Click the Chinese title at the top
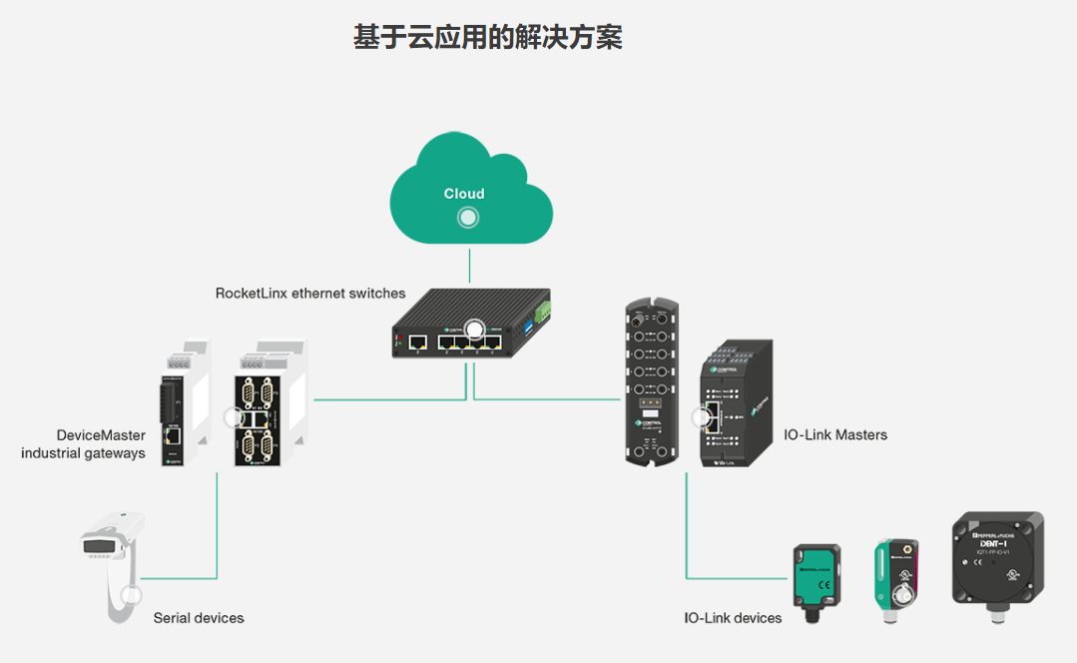click(488, 38)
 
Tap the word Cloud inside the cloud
click(464, 194)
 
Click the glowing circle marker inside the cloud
click(466, 218)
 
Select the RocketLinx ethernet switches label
click(310, 294)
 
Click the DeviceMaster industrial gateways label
click(84, 444)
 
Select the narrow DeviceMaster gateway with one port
click(181, 409)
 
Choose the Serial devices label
click(199, 618)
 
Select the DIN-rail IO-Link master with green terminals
click(736, 404)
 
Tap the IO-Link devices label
click(733, 618)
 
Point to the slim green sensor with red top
click(895, 579)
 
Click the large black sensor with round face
click(996, 564)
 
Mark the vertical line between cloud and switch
click(469, 267)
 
